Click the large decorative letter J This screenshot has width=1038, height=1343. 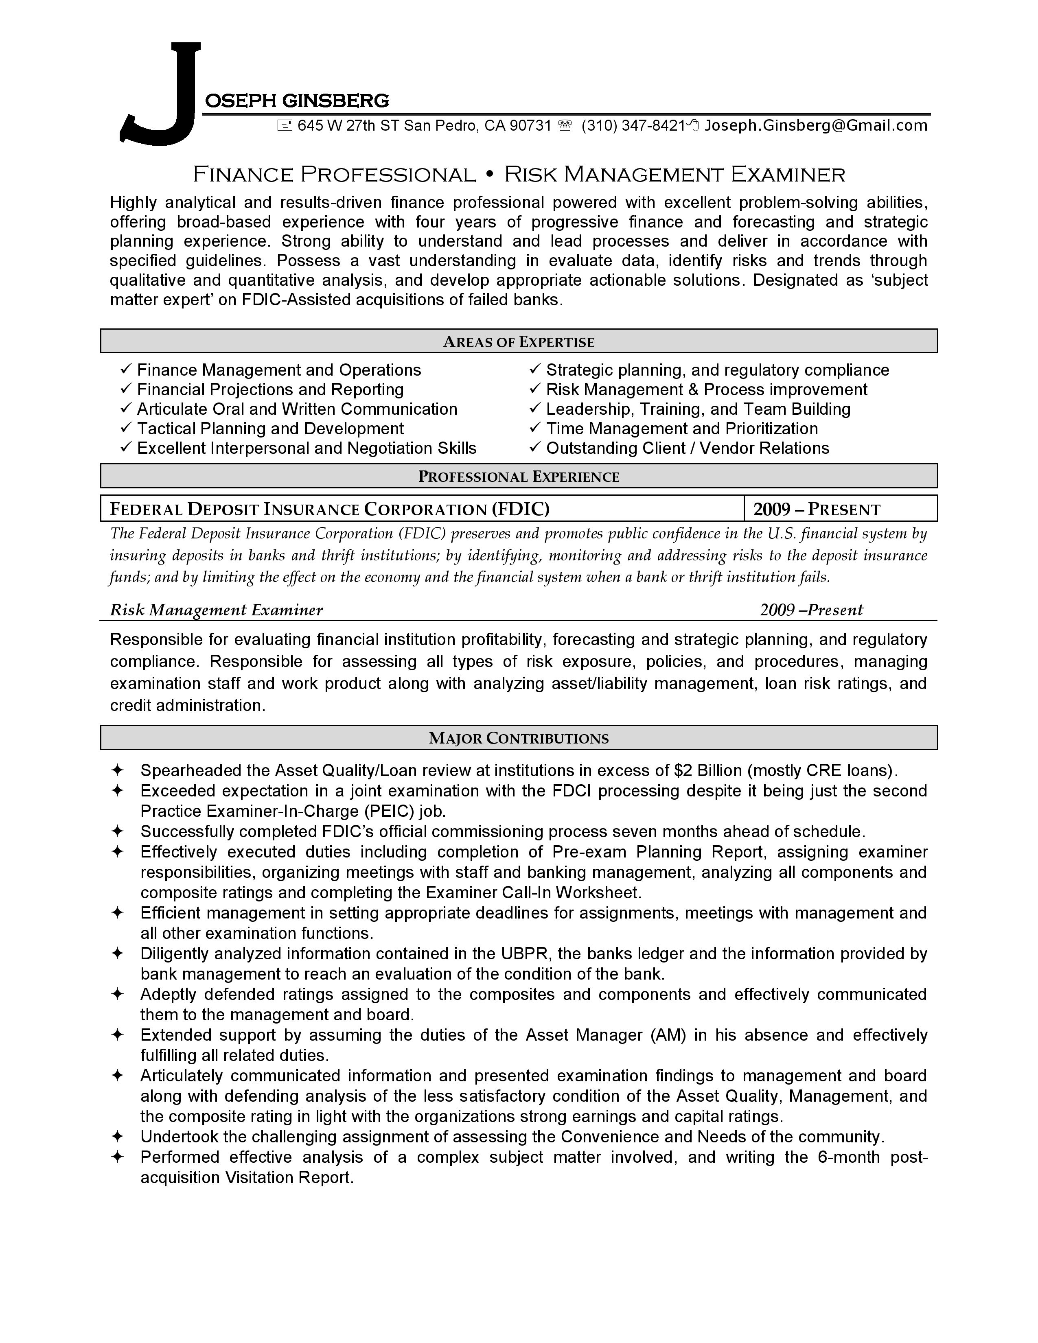point(161,92)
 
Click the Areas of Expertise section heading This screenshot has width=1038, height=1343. point(518,342)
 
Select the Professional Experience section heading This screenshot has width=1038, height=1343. point(518,477)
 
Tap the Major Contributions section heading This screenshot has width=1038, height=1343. point(518,739)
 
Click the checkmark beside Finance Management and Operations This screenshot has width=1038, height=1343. point(126,369)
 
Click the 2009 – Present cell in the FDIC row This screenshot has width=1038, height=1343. point(817,509)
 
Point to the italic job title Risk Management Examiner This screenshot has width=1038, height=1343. point(216,610)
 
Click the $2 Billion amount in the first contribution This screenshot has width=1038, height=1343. point(708,770)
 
